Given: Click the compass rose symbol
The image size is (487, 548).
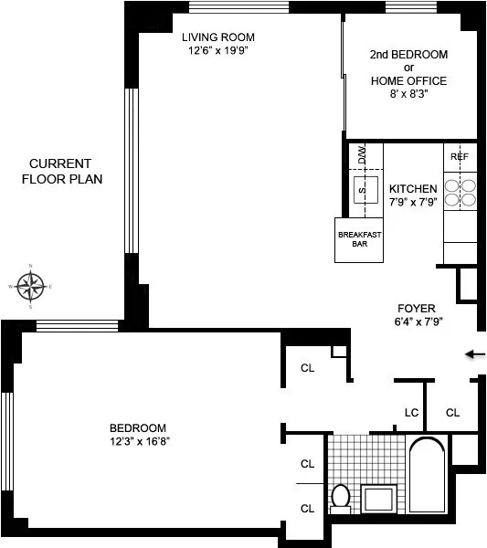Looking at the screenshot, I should coord(31,287).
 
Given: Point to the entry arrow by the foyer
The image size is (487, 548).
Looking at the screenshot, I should coord(474,354).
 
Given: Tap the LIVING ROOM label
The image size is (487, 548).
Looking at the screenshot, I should coord(217,37).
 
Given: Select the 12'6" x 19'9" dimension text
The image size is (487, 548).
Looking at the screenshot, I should coord(218,51).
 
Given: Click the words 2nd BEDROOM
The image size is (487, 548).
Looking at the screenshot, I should coord(408,55).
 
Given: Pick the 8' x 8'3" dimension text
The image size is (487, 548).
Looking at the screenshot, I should coord(408,93).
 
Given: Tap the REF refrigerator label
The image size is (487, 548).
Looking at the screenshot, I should coord(459,157).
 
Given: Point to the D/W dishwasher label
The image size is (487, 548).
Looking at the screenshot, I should coord(362,155).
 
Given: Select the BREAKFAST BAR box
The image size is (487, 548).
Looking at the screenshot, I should coord(360,239).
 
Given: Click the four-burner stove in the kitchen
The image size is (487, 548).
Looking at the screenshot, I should coord(460,192).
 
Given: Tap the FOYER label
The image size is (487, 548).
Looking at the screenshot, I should coord(416,308).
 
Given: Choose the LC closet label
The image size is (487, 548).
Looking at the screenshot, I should coord(411,413).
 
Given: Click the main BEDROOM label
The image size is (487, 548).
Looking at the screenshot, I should coord(138,427).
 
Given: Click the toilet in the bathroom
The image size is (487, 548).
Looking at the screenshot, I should coord(340,498).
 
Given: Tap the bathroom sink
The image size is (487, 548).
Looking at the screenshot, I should coord(378,499).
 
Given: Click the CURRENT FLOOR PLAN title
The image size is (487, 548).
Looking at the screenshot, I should coord(61,171).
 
